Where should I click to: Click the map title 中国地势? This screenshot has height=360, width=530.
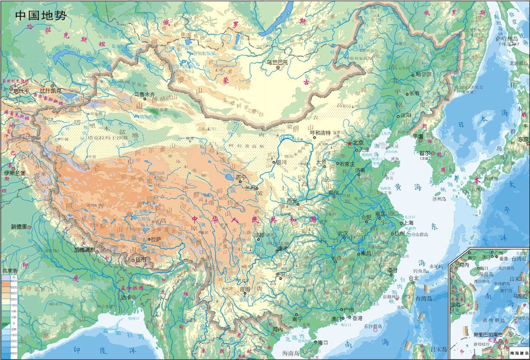[x=40, y=15]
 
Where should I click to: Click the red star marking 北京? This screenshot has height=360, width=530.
[x=349, y=143]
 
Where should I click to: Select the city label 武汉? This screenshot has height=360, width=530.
[x=342, y=233]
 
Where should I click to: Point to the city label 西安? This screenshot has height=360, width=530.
[x=291, y=201]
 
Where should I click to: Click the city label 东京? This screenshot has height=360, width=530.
[x=523, y=139]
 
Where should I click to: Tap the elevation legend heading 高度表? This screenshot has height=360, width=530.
[x=10, y=271]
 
